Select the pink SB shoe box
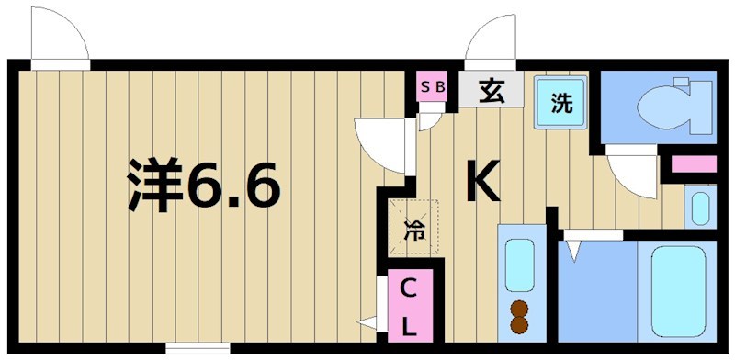[432, 88]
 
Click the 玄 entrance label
[491, 91]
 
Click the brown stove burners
[519, 315]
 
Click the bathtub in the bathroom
[677, 289]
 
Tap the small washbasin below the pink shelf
[700, 207]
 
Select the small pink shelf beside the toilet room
[694, 165]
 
